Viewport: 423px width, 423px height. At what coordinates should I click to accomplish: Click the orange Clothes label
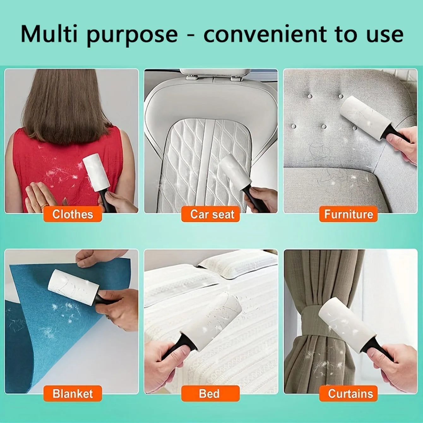coord(73,214)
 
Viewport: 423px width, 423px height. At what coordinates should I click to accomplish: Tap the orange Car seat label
coord(212,214)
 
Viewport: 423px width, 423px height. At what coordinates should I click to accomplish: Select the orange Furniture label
coord(348,214)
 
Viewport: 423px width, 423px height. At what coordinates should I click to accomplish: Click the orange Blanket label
coord(73,394)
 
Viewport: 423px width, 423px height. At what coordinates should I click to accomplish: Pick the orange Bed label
coord(209,394)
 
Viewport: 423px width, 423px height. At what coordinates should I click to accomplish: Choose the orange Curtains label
coord(350,394)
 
